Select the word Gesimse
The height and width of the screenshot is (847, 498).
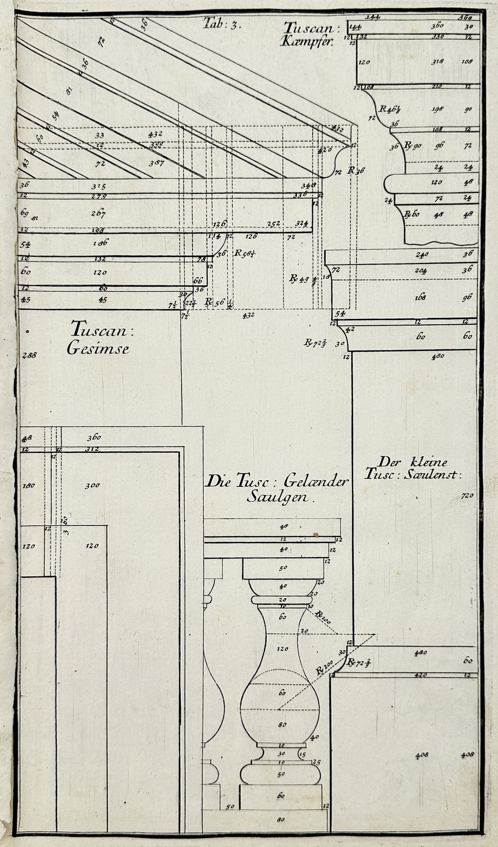[x=98, y=349]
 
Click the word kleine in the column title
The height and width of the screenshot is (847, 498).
[x=429, y=462]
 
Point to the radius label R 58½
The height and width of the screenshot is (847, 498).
[x=244, y=253]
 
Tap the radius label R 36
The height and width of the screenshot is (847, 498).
[x=356, y=170]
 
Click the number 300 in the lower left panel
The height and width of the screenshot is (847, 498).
[x=92, y=485]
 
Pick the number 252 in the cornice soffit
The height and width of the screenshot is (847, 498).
[x=274, y=224]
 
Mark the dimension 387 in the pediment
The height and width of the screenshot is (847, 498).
[x=156, y=163]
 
